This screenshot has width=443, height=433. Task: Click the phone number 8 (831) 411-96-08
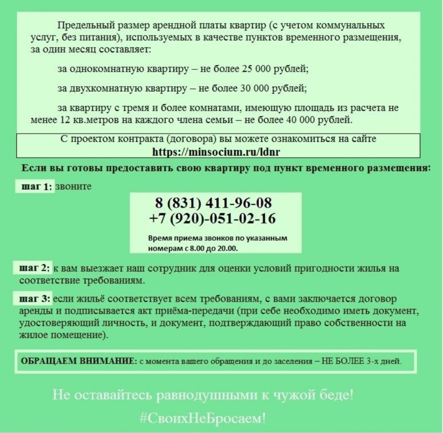point(213,203)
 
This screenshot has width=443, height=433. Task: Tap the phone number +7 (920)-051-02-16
point(212,219)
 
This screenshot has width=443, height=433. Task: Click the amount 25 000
point(258,69)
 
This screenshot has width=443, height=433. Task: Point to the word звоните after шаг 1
point(74,187)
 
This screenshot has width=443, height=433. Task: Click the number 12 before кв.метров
point(61,120)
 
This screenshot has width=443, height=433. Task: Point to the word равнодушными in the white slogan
point(208,395)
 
